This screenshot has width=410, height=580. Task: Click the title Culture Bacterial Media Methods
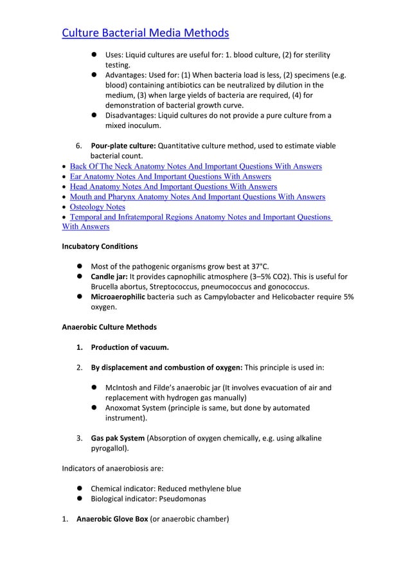coord(145,33)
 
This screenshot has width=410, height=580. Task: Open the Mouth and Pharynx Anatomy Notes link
coord(197,197)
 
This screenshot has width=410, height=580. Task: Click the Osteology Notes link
coord(98,207)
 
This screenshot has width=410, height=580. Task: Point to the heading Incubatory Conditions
coord(100,246)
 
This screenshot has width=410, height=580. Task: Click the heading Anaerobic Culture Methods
coord(109,327)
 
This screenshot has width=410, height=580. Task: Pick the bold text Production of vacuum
coord(130,348)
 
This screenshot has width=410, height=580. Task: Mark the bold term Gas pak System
coord(118,438)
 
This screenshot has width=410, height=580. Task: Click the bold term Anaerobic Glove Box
coord(112,520)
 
